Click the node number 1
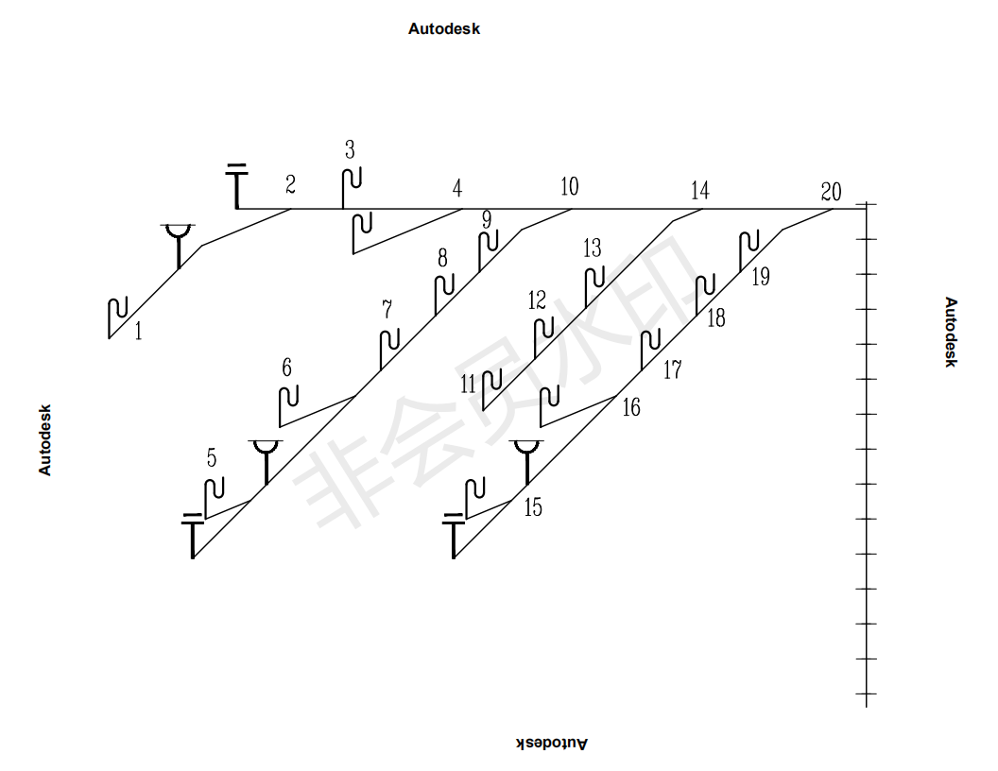tap(138, 331)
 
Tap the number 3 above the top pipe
tap(350, 149)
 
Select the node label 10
tap(569, 186)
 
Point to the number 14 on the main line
tap(699, 191)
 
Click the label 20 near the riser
tap(831, 192)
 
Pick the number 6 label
tap(286, 367)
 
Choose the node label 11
tap(469, 384)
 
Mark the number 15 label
tap(533, 507)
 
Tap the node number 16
tap(631, 407)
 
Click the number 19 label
tap(761, 277)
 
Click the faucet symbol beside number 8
tap(443, 293)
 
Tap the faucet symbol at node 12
tap(543, 336)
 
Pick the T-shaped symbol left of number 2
tap(236, 186)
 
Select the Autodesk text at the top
tap(444, 28)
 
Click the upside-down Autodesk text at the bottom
tap(552, 743)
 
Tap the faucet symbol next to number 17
tap(650, 348)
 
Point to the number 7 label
tap(387, 309)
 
